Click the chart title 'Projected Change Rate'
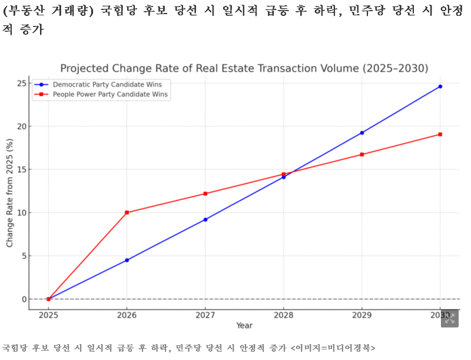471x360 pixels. pyautogui.click(x=244, y=69)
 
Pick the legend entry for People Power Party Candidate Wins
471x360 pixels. pyautogui.click(x=110, y=94)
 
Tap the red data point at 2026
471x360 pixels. pyautogui.click(x=127, y=212)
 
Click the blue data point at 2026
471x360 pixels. pyautogui.click(x=127, y=260)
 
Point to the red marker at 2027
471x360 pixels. pyautogui.click(x=205, y=194)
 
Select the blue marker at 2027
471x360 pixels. pyautogui.click(x=205, y=219)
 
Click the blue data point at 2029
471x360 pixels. pyautogui.click(x=362, y=133)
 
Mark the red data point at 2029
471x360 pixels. pyautogui.click(x=362, y=155)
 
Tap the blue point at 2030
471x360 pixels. pyautogui.click(x=440, y=86)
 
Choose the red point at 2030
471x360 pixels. pyautogui.click(x=440, y=134)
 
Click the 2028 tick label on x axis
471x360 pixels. pyautogui.click(x=284, y=315)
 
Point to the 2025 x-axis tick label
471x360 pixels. pyautogui.click(x=49, y=315)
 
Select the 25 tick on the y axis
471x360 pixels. pyautogui.click(x=22, y=83)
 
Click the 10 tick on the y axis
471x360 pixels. pyautogui.click(x=22, y=213)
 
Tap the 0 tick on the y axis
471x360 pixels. pyautogui.click(x=24, y=299)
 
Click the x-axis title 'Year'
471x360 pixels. pyautogui.click(x=244, y=325)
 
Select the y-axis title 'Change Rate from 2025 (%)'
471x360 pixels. pyautogui.click(x=9, y=193)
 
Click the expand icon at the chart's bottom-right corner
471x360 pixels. pyautogui.click(x=450, y=318)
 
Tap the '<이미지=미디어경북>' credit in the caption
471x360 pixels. pyautogui.click(x=333, y=348)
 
